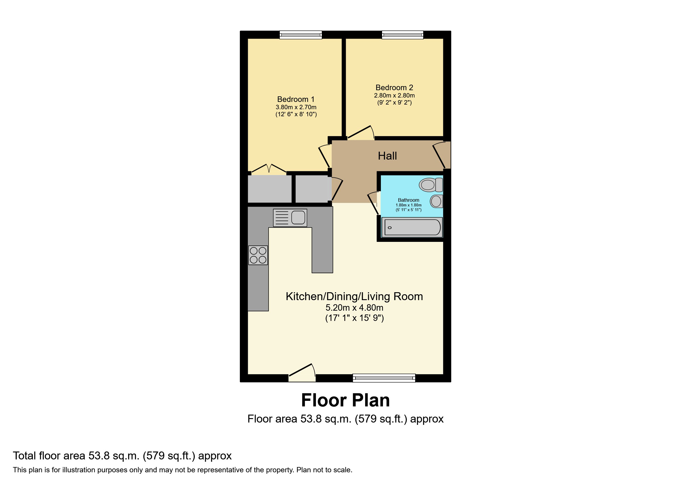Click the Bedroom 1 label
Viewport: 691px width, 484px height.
click(x=295, y=99)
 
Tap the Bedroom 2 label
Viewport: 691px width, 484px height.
click(x=394, y=88)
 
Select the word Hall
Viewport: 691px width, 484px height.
click(x=387, y=156)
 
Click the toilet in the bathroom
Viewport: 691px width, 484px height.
click(x=430, y=185)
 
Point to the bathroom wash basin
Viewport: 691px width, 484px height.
click(x=436, y=201)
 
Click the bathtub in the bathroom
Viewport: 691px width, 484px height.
click(x=412, y=227)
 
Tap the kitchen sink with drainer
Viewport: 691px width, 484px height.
click(x=290, y=218)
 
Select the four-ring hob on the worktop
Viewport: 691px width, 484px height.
click(x=258, y=255)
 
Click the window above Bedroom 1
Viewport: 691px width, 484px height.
click(x=301, y=35)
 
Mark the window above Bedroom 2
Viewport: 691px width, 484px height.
click(x=402, y=35)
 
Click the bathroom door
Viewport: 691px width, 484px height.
click(x=374, y=203)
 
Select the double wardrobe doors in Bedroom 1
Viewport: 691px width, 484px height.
click(x=269, y=170)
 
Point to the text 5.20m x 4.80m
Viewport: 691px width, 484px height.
click(x=354, y=308)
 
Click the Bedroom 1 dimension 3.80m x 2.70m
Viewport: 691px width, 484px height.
click(x=296, y=107)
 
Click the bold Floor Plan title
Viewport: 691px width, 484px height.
click(x=345, y=400)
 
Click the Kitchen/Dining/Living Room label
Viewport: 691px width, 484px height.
click(x=354, y=296)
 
